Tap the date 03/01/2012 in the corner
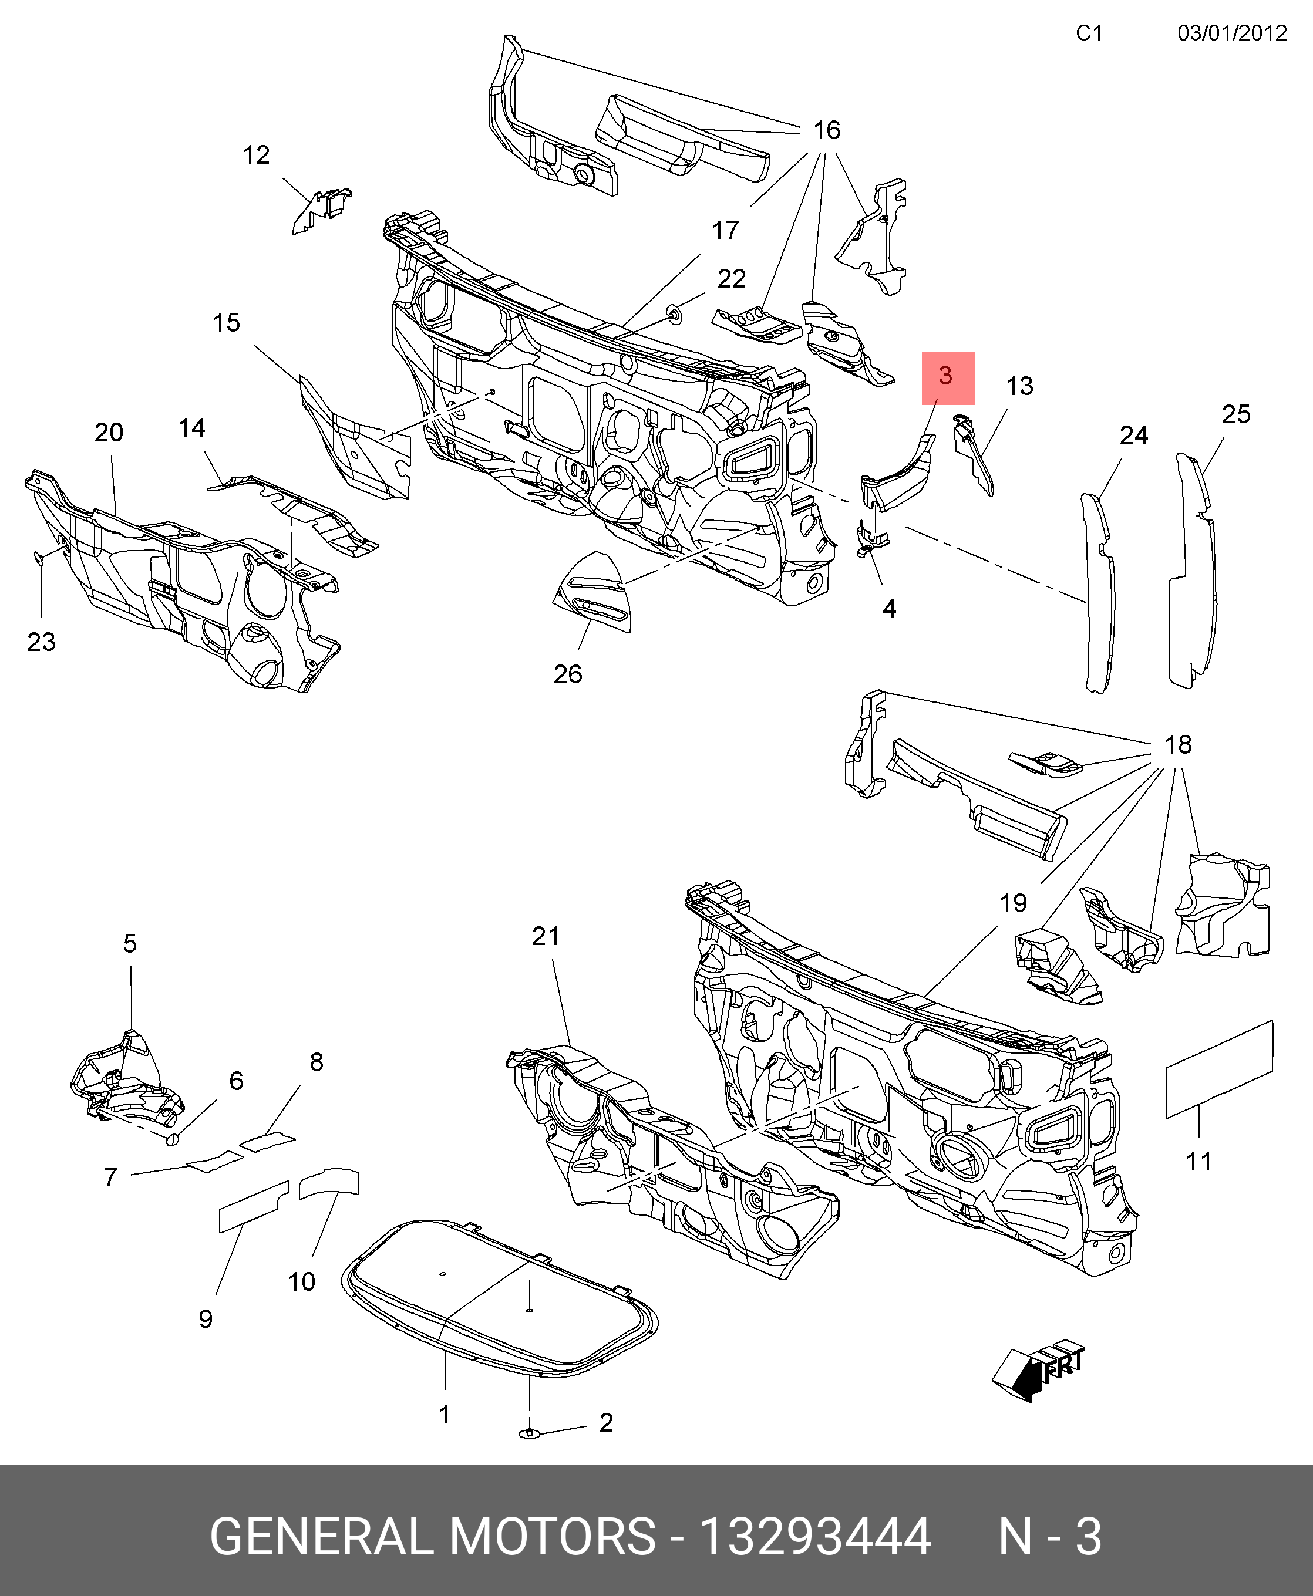coord(1231,33)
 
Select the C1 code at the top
coord(1089,33)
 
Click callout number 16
coord(826,130)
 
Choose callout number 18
coord(1177,745)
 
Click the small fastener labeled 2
coord(530,1433)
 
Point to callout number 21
coord(546,936)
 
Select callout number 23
coord(41,642)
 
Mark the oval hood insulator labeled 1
coord(499,1297)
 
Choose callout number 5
coord(130,943)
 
